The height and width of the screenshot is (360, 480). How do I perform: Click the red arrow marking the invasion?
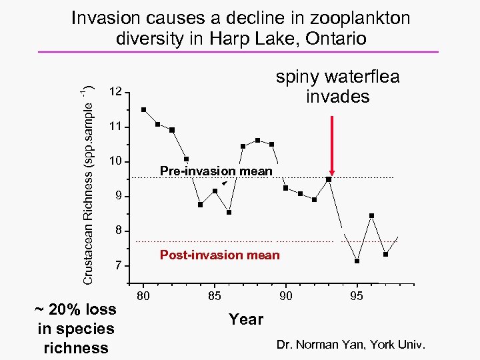coord(333,143)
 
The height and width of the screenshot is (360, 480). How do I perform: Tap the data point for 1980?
coord(144,110)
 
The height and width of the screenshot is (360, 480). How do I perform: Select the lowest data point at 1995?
coord(357,261)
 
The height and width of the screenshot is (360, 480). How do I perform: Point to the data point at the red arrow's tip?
coord(329,179)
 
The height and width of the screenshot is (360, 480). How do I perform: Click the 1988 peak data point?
coord(257,140)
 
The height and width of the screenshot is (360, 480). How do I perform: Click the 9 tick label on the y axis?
coord(117,197)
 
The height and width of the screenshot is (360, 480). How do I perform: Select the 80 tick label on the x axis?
coord(143,296)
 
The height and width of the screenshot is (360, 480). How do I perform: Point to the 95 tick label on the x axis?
coord(357,296)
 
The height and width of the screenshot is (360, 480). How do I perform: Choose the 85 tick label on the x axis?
coord(215,296)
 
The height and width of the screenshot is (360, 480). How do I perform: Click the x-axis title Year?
coord(246,320)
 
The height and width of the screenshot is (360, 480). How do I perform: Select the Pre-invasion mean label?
coord(216,171)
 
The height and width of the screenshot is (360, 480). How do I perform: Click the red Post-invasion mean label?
coord(220,255)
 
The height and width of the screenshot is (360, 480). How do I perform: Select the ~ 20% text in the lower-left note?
coord(75,309)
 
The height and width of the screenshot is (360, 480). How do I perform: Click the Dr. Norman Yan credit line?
coord(351,345)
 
